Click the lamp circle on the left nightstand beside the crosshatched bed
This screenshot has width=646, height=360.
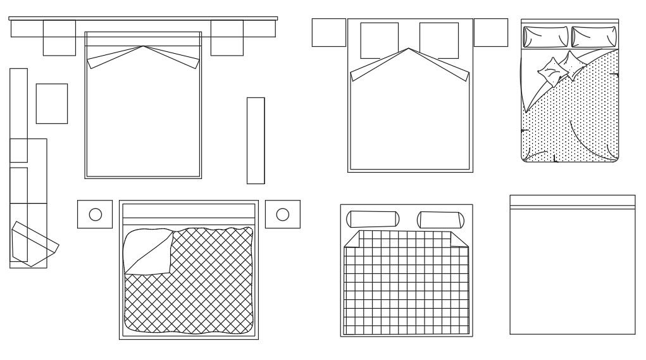click(x=95, y=214)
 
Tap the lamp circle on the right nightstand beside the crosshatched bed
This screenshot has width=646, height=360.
click(x=283, y=214)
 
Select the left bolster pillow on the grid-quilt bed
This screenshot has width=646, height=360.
click(x=373, y=219)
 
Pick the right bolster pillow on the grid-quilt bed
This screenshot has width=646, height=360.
click(x=442, y=220)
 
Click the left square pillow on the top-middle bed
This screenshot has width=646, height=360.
click(x=379, y=40)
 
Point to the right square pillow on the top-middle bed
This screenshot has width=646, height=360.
click(x=438, y=40)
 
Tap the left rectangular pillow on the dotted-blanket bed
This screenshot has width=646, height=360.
click(x=545, y=36)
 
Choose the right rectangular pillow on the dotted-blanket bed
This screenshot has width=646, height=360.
click(x=593, y=36)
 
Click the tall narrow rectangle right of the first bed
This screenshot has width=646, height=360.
click(x=256, y=140)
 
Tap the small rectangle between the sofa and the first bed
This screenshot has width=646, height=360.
click(x=51, y=103)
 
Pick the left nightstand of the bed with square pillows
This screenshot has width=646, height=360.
click(x=328, y=32)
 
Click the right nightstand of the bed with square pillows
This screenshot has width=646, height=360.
click(x=490, y=32)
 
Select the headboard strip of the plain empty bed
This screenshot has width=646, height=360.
click(x=572, y=202)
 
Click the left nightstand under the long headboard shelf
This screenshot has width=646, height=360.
click(x=59, y=38)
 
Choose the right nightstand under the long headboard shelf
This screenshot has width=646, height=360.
click(x=227, y=38)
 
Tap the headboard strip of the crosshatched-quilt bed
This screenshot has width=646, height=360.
click(x=189, y=212)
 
